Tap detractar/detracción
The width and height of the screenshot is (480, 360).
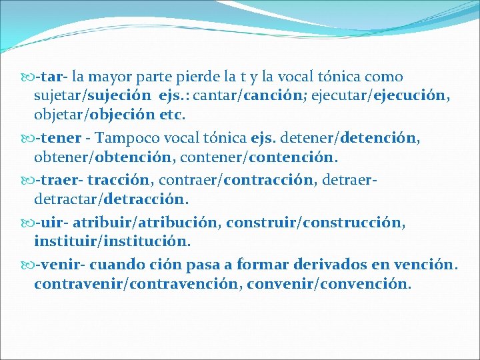pos(111,199)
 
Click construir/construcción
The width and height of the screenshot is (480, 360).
pos(315,222)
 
